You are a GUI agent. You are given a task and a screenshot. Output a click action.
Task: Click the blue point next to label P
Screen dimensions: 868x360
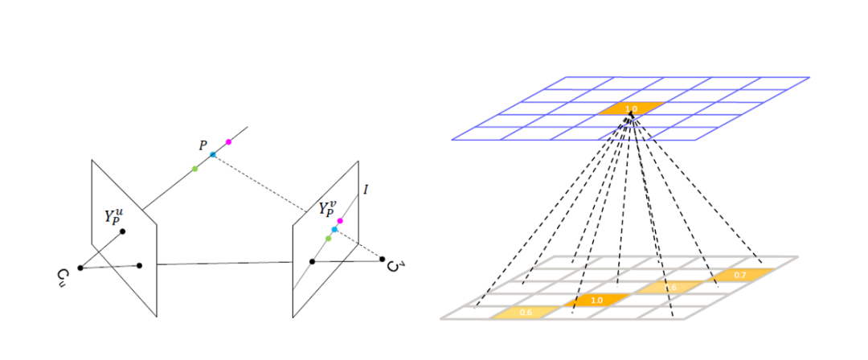(x=213, y=154)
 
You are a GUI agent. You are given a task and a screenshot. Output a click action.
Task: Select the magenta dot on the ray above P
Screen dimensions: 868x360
(x=228, y=142)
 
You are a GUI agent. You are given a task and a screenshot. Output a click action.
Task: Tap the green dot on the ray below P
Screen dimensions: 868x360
(x=195, y=169)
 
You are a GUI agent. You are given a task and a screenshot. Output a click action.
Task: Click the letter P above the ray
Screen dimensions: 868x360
(x=203, y=145)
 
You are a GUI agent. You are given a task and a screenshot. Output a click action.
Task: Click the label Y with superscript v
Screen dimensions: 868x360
(x=328, y=211)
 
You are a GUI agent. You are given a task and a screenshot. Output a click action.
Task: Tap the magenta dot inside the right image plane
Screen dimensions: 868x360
(x=340, y=221)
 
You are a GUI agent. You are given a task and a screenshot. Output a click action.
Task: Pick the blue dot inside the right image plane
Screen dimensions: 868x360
(x=334, y=230)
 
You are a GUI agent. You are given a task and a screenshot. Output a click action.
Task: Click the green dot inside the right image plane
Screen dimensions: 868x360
(x=328, y=239)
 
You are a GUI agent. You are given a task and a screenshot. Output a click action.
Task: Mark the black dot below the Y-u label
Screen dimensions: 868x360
(x=123, y=231)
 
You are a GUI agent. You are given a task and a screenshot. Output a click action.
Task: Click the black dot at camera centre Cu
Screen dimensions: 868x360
(x=80, y=268)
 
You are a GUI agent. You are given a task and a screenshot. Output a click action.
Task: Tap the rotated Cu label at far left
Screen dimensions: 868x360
(x=64, y=278)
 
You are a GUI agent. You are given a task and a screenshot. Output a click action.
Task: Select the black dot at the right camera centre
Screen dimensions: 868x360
(x=383, y=259)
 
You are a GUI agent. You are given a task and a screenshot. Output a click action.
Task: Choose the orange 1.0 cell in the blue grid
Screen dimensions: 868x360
(x=632, y=108)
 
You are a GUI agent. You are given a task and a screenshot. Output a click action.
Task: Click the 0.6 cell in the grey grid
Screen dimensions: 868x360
(x=526, y=312)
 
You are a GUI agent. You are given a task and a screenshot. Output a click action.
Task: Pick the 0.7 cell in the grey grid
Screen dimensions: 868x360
(x=739, y=275)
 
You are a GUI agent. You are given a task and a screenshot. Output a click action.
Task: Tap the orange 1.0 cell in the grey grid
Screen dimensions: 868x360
(x=596, y=300)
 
